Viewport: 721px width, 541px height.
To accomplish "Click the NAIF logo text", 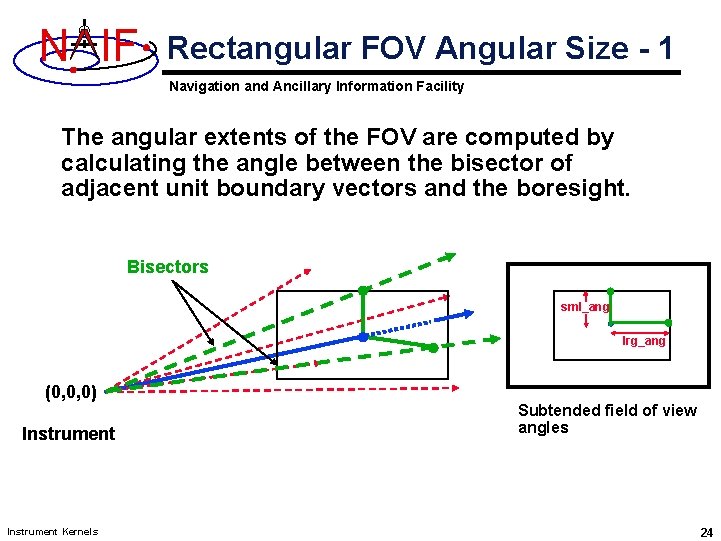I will point(88,46).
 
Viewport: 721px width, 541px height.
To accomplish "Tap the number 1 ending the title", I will point(665,47).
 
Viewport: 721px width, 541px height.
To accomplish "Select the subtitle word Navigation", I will point(204,86).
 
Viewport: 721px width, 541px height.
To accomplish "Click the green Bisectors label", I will point(167,267).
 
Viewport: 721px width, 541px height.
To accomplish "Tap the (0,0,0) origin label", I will point(71,392).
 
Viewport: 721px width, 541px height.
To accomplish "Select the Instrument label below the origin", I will point(68,433).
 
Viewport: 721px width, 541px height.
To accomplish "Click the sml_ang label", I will point(584,307).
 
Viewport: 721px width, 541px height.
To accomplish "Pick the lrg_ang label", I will point(643,341).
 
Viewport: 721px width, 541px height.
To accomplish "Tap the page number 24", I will point(706,532).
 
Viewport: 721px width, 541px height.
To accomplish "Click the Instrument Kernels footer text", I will point(52,531).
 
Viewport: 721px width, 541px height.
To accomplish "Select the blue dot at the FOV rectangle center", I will point(363,337).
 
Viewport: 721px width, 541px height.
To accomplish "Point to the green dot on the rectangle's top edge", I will point(363,291).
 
